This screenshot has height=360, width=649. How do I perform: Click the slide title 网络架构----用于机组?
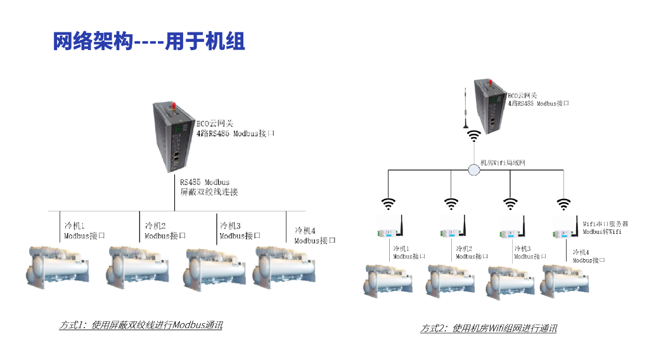[149, 42]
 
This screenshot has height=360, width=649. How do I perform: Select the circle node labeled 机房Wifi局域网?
[474, 170]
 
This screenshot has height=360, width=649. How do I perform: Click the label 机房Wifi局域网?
[503, 164]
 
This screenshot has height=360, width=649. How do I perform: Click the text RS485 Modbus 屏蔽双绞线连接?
[209, 187]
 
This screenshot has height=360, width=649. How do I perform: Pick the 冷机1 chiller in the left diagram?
[57, 266]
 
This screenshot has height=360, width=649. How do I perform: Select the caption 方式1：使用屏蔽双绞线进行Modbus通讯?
[141, 325]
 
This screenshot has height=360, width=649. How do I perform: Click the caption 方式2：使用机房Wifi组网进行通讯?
[489, 329]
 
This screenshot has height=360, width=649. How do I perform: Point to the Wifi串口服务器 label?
[605, 224]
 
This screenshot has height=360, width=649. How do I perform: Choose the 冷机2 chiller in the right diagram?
[451, 279]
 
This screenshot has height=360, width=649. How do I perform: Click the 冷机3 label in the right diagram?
[530, 252]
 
